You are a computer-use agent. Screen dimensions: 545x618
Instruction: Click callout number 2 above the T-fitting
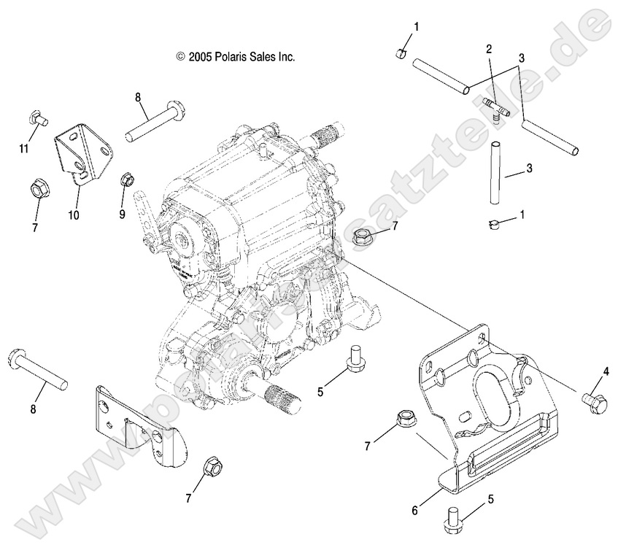[488, 49]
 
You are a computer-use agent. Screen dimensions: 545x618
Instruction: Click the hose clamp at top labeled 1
[401, 54]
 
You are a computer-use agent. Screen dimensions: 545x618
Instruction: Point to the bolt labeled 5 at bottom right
[451, 519]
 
